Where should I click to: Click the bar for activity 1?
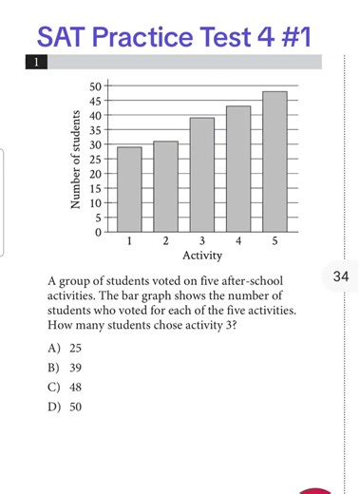click(x=129, y=190)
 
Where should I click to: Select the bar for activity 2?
click(x=165, y=187)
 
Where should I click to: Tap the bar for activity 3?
click(x=201, y=176)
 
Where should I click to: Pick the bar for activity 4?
click(x=238, y=169)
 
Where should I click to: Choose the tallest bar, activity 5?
click(x=275, y=161)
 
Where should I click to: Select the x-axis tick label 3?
click(x=202, y=243)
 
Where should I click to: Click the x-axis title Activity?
click(x=202, y=256)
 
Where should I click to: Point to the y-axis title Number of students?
click(x=73, y=160)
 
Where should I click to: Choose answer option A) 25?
click(x=69, y=348)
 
